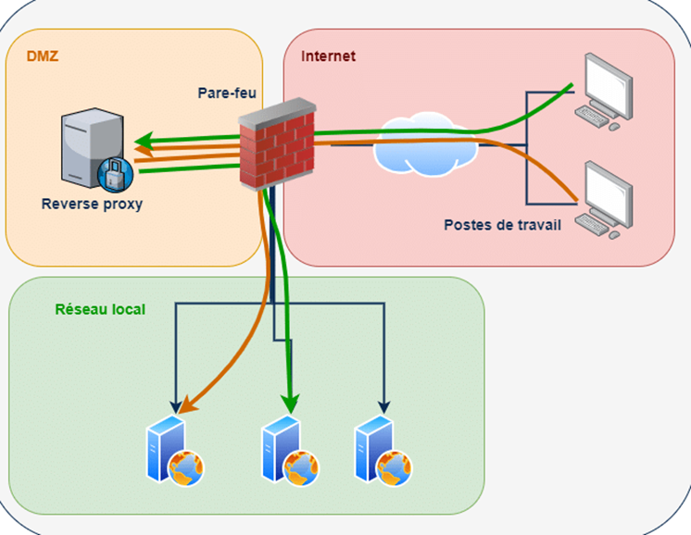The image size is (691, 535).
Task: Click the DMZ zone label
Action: (43, 56)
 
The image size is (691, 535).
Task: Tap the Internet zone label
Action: (328, 56)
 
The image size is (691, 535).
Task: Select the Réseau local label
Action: (100, 309)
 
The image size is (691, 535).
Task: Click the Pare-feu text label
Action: (227, 93)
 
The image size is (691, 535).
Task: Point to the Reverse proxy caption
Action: (92, 205)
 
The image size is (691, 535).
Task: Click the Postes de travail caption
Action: (502, 225)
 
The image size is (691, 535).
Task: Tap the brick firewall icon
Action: (277, 144)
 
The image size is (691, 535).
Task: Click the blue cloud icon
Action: (425, 144)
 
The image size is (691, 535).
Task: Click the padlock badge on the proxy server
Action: (116, 175)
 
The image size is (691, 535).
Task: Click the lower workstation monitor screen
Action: (609, 193)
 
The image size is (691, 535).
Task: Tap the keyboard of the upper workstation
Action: (592, 117)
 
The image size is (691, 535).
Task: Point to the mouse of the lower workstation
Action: (614, 235)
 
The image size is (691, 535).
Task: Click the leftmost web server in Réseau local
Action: (175, 451)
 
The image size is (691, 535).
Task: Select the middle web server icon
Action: (291, 451)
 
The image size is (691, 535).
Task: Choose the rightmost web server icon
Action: (383, 451)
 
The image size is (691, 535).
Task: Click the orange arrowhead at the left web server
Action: (187, 405)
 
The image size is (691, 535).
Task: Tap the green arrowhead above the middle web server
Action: (290, 403)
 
